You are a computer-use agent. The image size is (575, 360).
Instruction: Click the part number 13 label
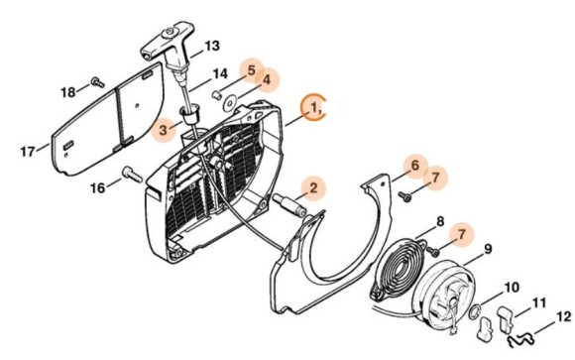[x=212, y=46]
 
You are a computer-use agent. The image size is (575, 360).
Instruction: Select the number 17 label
[x=28, y=151]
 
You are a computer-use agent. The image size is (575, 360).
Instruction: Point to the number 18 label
[x=67, y=91]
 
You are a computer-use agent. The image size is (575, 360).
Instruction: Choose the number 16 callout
[x=97, y=186]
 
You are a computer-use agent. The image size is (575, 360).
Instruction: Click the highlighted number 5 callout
[x=252, y=71]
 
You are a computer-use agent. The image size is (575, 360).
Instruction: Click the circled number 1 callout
[x=315, y=105]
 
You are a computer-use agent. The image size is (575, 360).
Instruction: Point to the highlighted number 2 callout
[x=311, y=185]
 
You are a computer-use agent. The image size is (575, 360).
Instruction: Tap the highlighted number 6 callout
[x=415, y=166]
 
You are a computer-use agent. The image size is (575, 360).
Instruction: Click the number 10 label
[x=512, y=288]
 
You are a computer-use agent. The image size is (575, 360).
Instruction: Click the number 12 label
[x=563, y=317]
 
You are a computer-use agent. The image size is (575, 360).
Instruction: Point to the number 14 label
[x=220, y=72]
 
